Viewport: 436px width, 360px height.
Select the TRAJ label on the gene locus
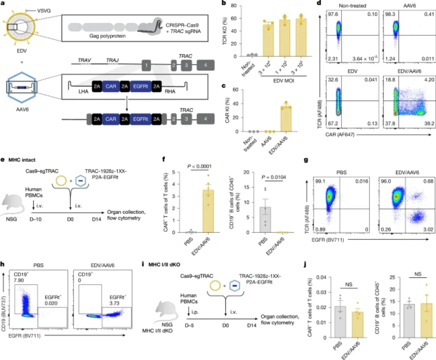113,60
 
